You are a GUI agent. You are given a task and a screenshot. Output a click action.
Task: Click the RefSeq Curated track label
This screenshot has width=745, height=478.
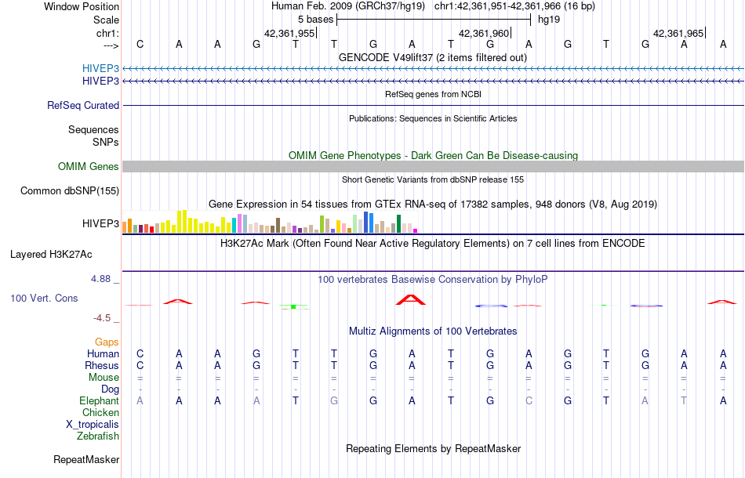pyautogui.click(x=83, y=105)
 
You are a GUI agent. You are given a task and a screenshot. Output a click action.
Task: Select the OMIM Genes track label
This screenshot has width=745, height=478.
pyautogui.click(x=88, y=166)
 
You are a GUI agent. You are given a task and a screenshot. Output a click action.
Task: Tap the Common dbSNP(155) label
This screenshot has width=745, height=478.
pyautogui.click(x=70, y=190)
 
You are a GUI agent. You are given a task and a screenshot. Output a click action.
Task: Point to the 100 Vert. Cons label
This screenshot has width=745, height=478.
pyautogui.click(x=44, y=299)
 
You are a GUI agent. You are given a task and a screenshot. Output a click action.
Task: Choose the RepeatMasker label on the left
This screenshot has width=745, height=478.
pyautogui.click(x=86, y=459)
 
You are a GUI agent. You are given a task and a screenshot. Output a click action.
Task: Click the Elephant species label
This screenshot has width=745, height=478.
pyautogui.click(x=99, y=400)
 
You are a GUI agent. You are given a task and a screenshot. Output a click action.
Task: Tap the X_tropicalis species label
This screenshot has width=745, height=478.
pyautogui.click(x=93, y=424)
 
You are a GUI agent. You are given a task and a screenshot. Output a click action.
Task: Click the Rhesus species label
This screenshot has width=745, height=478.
pyautogui.click(x=103, y=365)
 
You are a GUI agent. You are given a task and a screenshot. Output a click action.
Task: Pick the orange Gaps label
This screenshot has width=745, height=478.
pyautogui.click(x=107, y=342)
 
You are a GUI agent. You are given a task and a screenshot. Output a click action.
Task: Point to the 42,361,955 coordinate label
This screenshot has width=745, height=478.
pyautogui.click(x=289, y=34)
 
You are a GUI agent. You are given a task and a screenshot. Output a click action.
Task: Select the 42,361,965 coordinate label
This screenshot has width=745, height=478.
pyautogui.click(x=678, y=34)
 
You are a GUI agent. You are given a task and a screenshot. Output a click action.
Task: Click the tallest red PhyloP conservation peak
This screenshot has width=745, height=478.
pyautogui.click(x=411, y=299)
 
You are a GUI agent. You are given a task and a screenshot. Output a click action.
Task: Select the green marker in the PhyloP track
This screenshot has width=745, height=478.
pyautogui.click(x=293, y=306)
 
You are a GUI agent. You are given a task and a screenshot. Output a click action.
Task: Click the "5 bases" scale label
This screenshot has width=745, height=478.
pyautogui.click(x=315, y=19)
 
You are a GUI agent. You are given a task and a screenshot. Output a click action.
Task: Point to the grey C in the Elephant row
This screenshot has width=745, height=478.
pyautogui.click(x=529, y=400)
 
